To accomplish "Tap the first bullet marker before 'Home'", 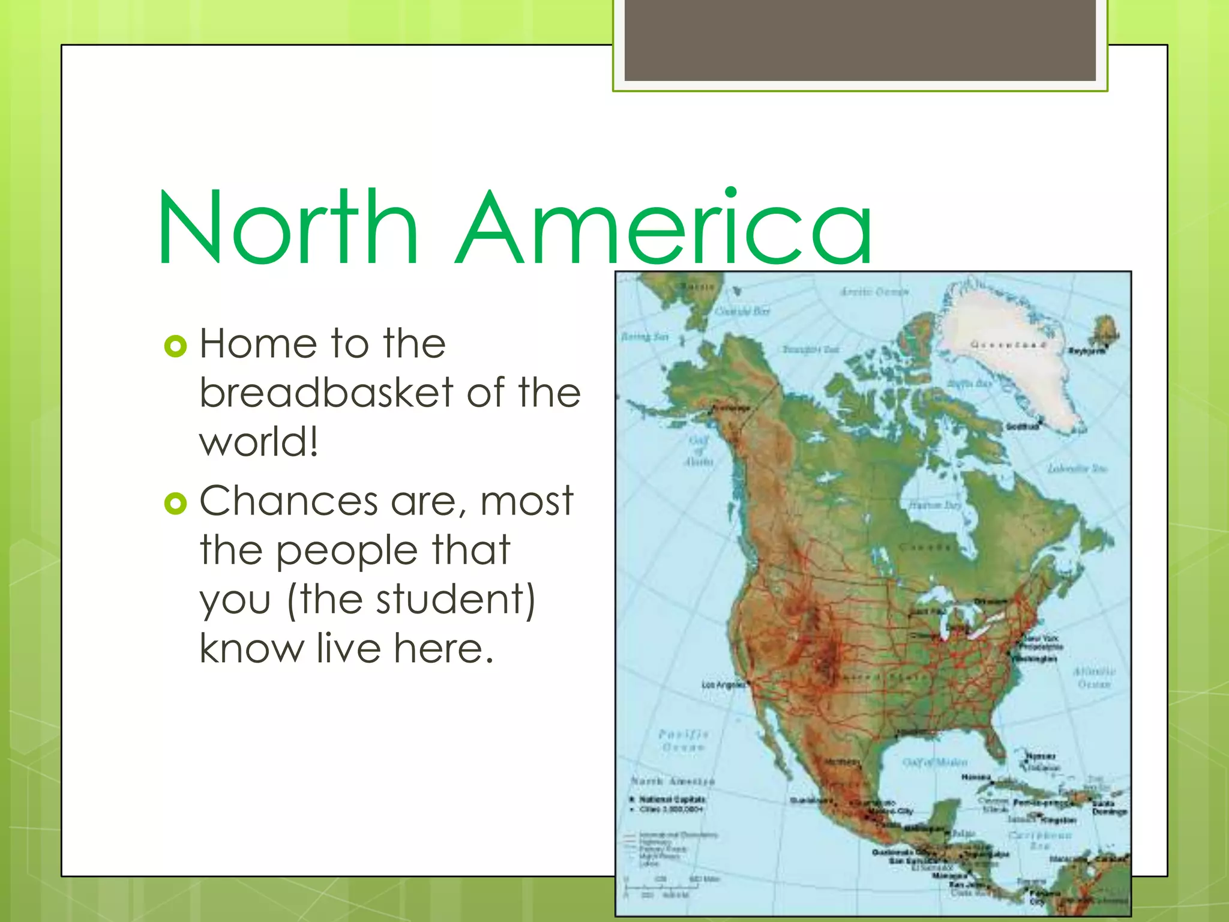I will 175,346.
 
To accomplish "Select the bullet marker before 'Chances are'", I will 175,503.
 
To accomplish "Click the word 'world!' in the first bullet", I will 258,442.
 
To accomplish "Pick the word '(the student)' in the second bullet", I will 411,600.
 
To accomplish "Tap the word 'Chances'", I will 288,501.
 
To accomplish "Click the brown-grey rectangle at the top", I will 860,40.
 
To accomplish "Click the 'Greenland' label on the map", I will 1008,345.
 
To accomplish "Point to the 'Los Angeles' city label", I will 723,684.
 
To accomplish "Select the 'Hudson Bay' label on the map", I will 935,505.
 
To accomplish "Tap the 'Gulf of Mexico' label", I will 934,762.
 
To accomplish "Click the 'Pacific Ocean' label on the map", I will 683,740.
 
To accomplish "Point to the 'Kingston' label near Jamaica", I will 1057,819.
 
